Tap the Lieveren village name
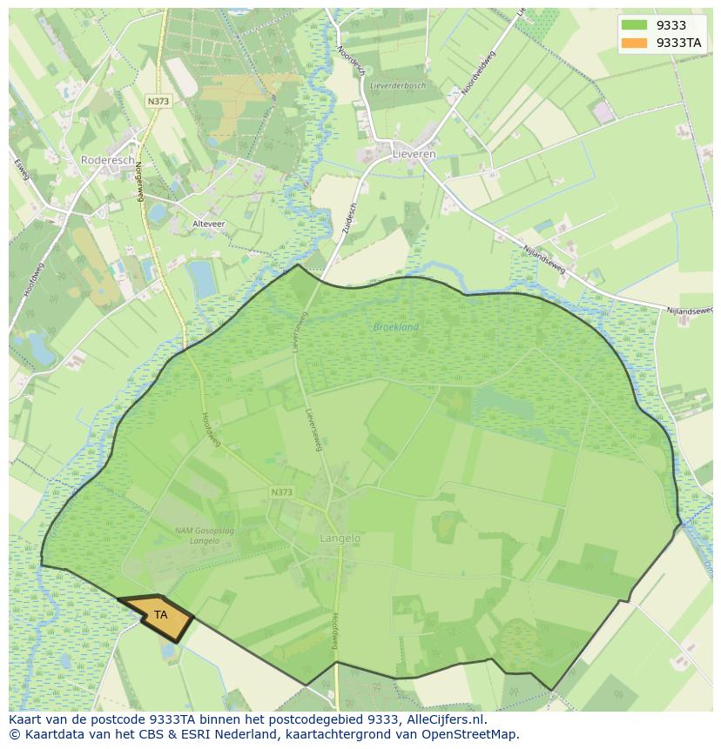(414, 154)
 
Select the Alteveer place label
(209, 224)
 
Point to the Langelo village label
(340, 538)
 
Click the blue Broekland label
(396, 327)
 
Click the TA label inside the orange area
(161, 614)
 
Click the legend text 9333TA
(679, 43)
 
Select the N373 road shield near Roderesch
(158, 101)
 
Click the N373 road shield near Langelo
(281, 492)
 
